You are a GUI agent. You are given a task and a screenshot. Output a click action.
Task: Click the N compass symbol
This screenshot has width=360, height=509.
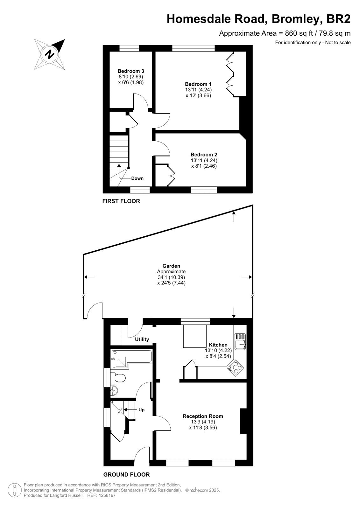50,54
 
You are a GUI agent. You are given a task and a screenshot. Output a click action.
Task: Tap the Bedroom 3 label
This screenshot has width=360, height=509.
131,71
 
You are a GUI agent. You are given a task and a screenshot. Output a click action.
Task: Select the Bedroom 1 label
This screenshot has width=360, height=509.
198,84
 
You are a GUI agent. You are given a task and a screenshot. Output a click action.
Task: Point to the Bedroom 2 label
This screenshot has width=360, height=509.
204,155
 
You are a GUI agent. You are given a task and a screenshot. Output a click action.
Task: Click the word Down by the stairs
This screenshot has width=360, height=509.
138,178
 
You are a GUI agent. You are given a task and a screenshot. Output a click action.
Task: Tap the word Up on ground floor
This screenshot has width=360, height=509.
141,410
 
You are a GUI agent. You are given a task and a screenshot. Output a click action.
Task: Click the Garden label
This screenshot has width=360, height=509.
171,266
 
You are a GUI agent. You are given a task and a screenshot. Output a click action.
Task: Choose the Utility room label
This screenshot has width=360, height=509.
142,339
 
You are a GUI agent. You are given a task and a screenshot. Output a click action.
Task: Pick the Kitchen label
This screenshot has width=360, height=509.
218,345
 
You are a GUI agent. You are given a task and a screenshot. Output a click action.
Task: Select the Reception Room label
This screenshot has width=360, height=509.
203,416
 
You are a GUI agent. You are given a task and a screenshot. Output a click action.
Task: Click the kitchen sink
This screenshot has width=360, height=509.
240,342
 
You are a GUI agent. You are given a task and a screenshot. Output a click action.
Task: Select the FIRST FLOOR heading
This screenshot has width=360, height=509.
121,201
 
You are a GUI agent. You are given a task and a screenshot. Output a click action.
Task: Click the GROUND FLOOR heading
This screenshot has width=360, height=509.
126,475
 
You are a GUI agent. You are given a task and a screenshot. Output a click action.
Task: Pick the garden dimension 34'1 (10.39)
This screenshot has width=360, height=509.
171,277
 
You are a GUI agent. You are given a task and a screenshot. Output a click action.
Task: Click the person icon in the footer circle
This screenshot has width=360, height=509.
15,490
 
